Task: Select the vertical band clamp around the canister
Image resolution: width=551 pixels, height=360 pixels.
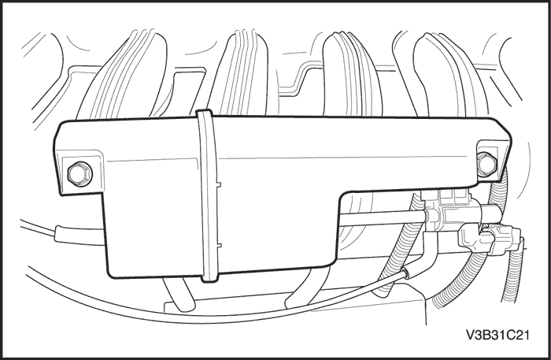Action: coord(209,197)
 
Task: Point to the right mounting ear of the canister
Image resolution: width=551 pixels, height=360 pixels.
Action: coord(490,160)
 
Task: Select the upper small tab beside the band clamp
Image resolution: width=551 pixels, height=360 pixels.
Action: coord(220,186)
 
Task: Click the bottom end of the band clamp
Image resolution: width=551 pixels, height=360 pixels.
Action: coord(210,276)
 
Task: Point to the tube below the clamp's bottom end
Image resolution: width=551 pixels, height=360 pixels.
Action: coord(177,295)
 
